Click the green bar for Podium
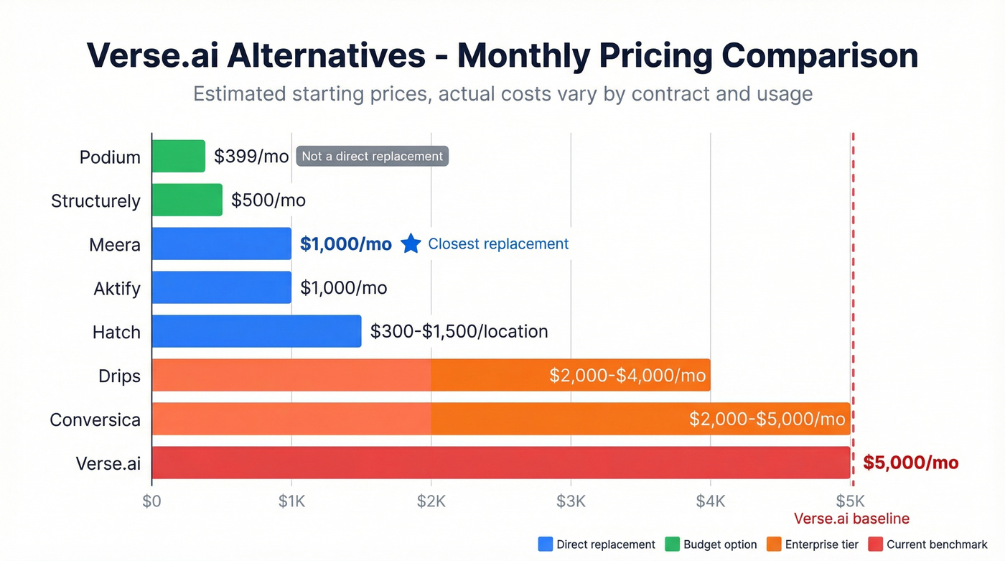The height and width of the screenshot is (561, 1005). [178, 157]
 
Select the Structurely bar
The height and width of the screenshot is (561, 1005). [187, 200]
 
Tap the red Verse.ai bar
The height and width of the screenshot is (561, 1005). [500, 463]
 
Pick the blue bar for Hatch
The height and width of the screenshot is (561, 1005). [256, 332]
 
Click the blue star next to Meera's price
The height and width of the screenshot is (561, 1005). [411, 244]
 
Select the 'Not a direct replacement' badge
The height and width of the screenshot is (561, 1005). [372, 157]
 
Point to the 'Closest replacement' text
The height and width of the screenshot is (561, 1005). [498, 244]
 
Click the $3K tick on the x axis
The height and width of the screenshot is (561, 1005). [571, 501]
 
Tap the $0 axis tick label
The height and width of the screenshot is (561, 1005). [151, 501]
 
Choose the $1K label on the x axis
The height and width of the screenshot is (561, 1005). [291, 501]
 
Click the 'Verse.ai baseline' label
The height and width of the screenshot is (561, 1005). [851, 519]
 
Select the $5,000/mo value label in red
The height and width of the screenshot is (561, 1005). [910, 463]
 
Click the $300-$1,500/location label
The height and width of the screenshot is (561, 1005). [459, 332]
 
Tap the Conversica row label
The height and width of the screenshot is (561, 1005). [95, 419]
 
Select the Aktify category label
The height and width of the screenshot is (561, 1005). [117, 289]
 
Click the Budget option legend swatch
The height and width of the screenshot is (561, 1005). [672, 544]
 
